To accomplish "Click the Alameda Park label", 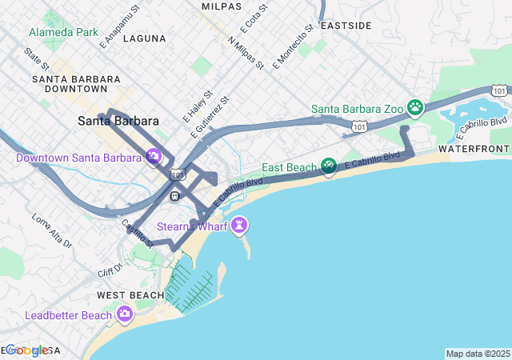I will coord(63,33).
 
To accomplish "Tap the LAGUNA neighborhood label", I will coord(146,38).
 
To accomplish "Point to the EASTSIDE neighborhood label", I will coord(346,26).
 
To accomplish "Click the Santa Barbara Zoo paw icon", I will coord(415,106).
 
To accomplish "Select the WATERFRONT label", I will coord(474,150).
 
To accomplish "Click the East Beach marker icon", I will coord(328,166).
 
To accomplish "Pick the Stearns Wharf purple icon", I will coord(238,226).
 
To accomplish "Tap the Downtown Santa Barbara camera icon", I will coord(154,157).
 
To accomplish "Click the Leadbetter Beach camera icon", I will coord(124,315).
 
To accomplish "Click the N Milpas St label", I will coord(245,52).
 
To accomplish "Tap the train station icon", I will coord(174,195).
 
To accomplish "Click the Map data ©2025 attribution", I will coord(478,354).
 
